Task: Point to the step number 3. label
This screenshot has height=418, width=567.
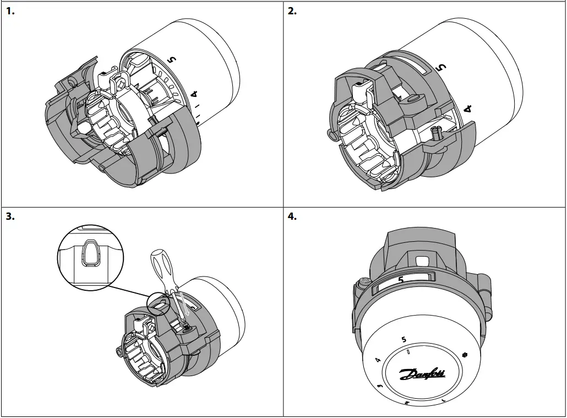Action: tap(10, 216)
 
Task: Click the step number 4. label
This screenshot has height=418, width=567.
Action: tap(292, 216)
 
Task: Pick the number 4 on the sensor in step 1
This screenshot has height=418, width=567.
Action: tap(194, 95)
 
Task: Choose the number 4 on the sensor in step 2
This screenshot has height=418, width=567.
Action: tap(468, 108)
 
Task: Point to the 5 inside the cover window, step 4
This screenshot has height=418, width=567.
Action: tap(401, 280)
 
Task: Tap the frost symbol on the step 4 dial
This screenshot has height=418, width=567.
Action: tap(465, 354)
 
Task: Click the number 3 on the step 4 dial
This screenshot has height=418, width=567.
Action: tap(380, 387)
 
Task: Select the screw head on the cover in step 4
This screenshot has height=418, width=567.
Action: tap(363, 283)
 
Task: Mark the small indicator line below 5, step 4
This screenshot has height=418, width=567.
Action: tap(408, 351)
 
